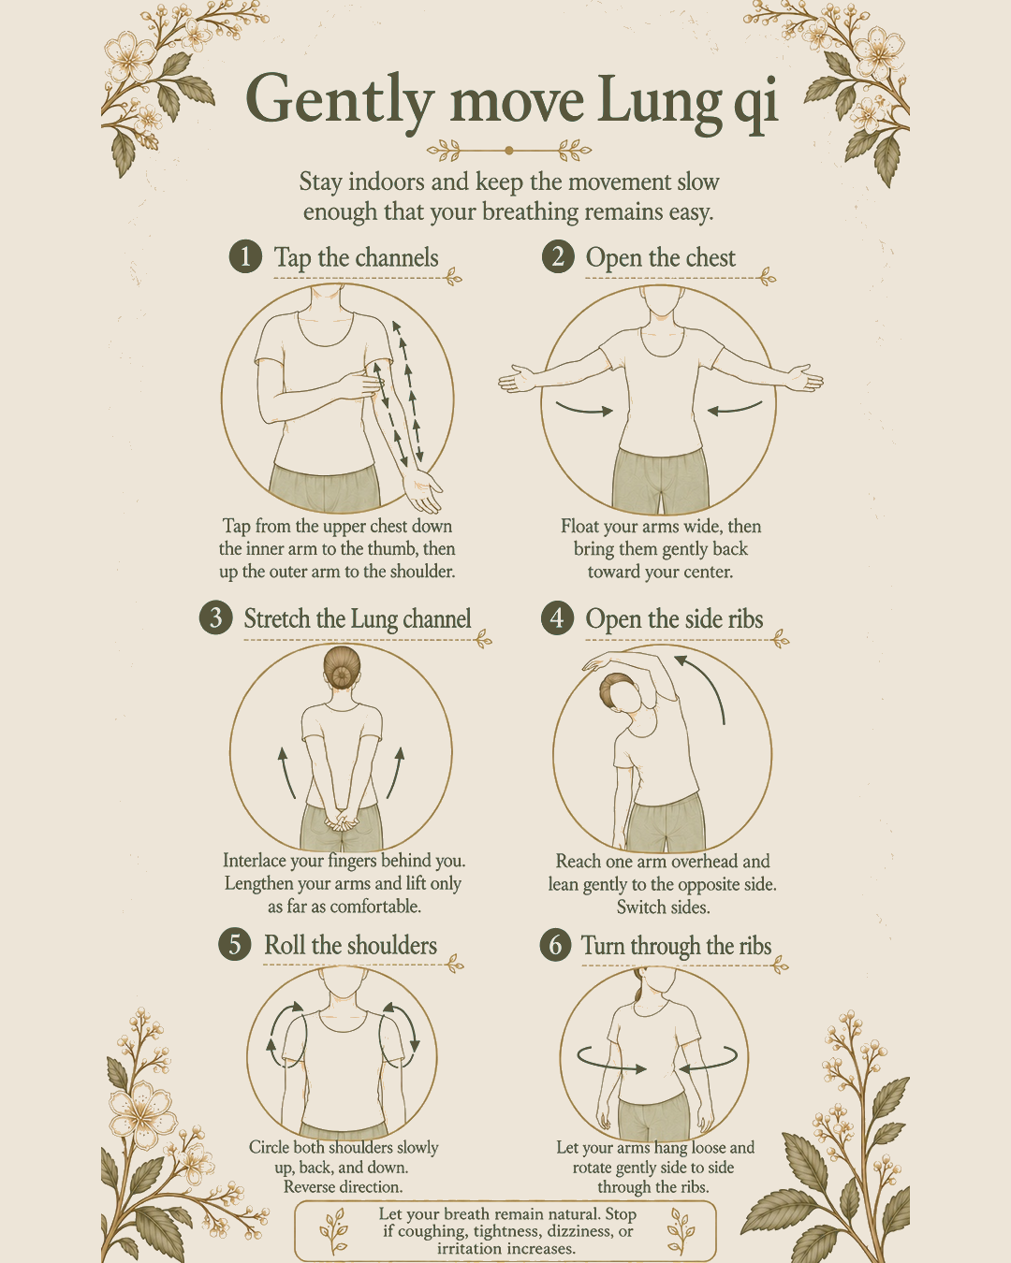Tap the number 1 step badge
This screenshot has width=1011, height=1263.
(x=245, y=256)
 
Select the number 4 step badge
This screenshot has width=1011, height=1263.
(x=557, y=617)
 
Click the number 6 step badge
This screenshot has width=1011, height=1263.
(x=556, y=945)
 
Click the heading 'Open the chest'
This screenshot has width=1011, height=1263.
(x=660, y=257)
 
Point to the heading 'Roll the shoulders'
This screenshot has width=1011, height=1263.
(x=351, y=945)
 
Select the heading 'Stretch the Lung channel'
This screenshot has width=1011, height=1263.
(x=358, y=618)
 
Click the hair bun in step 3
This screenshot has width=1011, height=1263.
(x=342, y=675)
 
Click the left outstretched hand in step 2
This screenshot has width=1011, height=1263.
(x=517, y=379)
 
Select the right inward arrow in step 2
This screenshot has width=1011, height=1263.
(x=735, y=408)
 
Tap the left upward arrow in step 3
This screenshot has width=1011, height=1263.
(x=286, y=772)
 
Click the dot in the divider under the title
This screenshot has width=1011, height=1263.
(x=508, y=151)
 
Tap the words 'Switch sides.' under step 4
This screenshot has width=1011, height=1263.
(x=663, y=907)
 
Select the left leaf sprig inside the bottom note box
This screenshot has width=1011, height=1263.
(x=333, y=1230)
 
